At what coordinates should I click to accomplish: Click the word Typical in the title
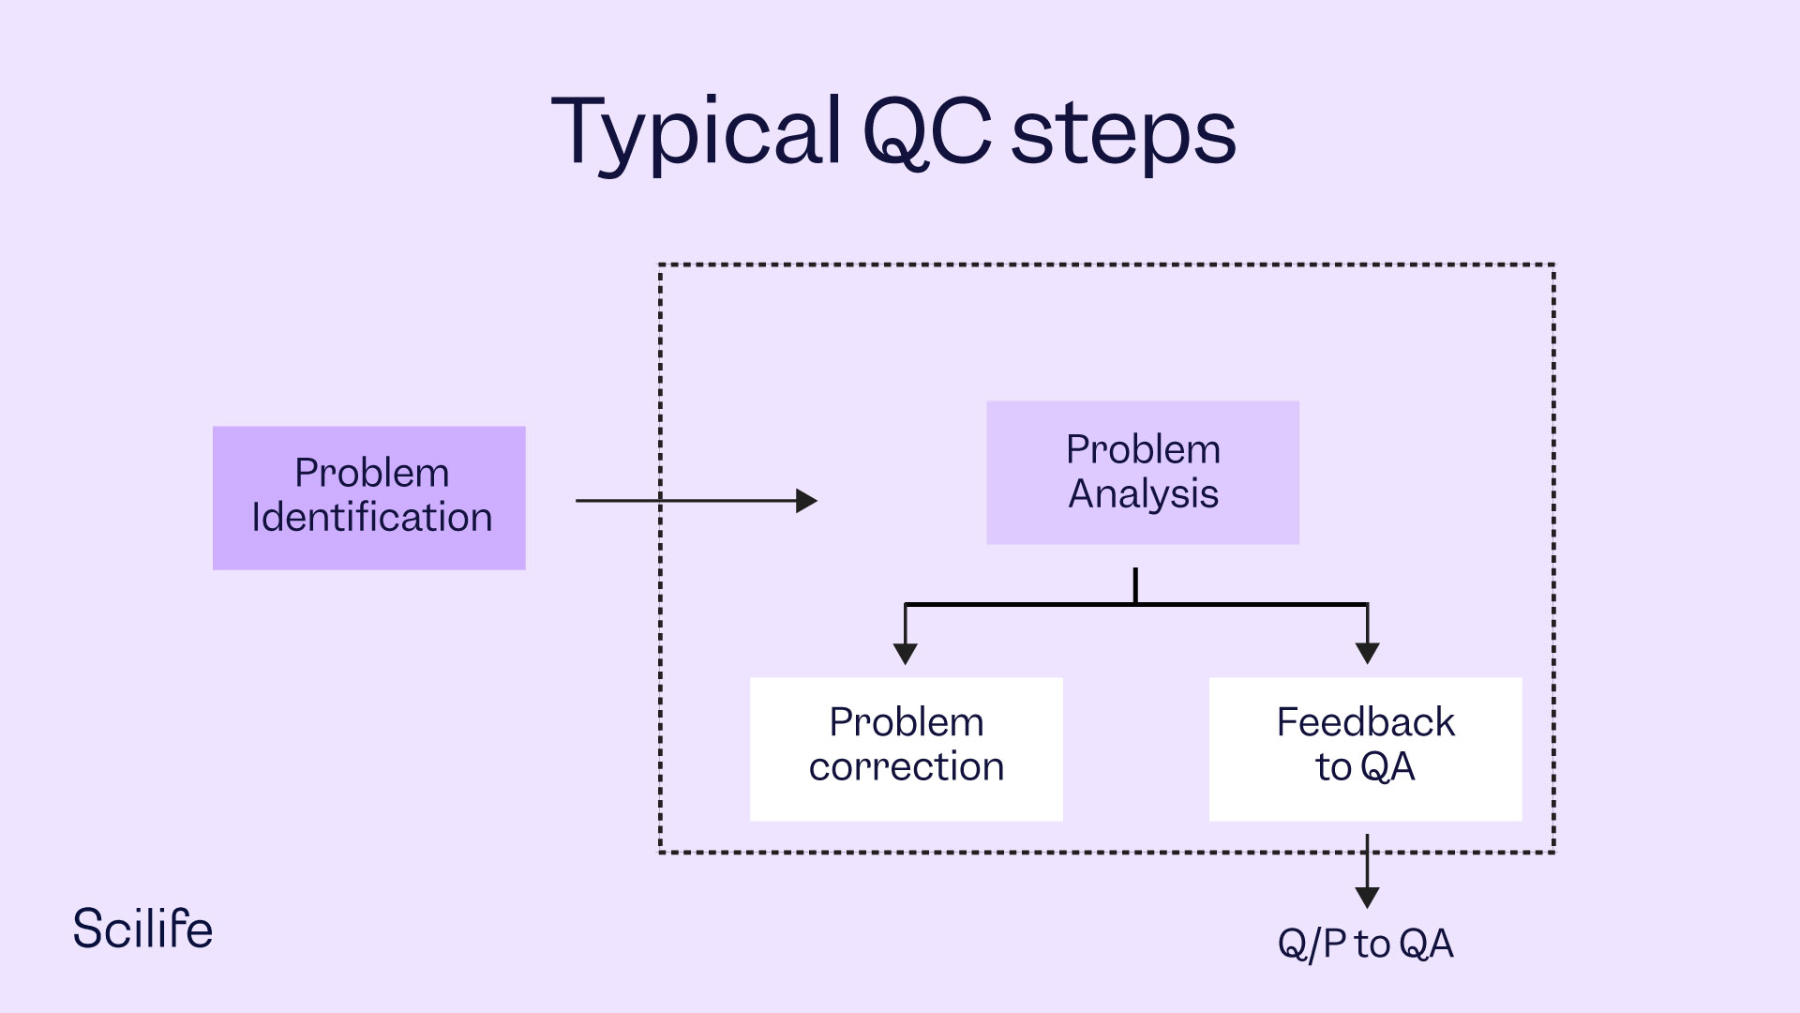tap(696, 134)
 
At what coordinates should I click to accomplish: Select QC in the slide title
tap(926, 134)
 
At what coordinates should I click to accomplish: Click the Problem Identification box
tap(369, 498)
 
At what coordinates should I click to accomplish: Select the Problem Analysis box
tap(1143, 473)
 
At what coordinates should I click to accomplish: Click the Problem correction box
tap(906, 749)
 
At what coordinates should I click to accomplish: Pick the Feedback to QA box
tap(1365, 749)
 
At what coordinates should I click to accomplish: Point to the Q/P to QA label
tap(1365, 944)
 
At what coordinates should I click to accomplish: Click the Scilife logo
tap(142, 929)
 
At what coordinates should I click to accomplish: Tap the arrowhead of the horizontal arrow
tap(806, 501)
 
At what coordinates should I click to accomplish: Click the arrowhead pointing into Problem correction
tap(905, 654)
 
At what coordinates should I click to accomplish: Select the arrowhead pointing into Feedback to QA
tap(1368, 654)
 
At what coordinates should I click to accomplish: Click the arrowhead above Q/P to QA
tap(1368, 897)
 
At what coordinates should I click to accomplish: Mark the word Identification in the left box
tap(371, 518)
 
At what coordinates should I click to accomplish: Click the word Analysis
tap(1143, 494)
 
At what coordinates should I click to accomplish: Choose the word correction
tap(906, 767)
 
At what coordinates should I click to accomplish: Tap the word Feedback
tap(1365, 722)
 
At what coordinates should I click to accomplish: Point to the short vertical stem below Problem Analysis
tap(1135, 585)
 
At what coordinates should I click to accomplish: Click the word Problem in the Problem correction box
tap(906, 722)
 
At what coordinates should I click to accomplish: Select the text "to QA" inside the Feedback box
tap(1365, 767)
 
